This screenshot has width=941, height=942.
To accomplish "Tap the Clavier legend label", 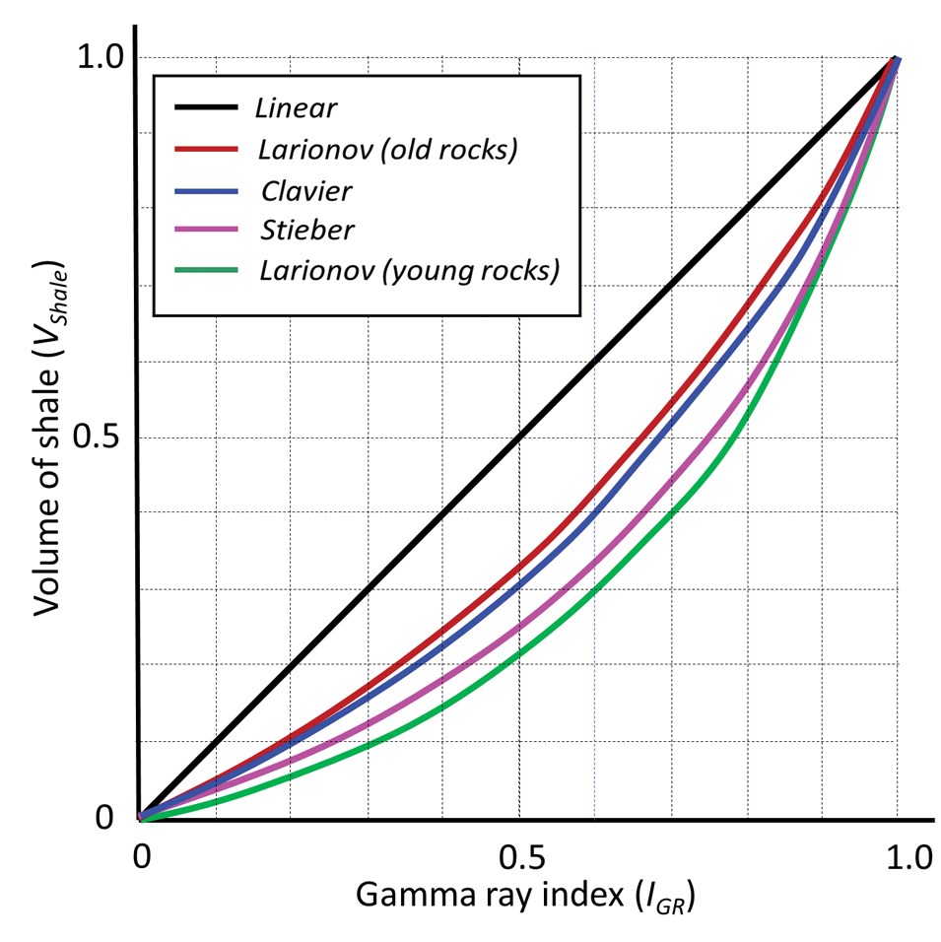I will tap(306, 188).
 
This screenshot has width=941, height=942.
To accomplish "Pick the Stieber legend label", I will tap(307, 230).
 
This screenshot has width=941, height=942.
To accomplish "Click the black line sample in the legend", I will tap(207, 106).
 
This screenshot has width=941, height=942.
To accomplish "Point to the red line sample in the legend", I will tap(207, 148).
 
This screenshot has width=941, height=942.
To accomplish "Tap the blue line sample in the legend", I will tap(207, 188).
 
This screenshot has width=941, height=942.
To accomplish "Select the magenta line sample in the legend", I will tap(207, 230).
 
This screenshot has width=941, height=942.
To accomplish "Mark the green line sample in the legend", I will tap(207, 270).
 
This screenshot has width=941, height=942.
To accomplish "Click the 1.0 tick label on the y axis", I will tap(100, 58).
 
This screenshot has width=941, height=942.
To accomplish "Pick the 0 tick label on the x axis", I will tap(142, 857).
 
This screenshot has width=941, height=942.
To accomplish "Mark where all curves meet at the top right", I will tap(897, 58).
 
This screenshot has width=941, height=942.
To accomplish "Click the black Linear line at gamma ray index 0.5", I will tap(518, 437).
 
